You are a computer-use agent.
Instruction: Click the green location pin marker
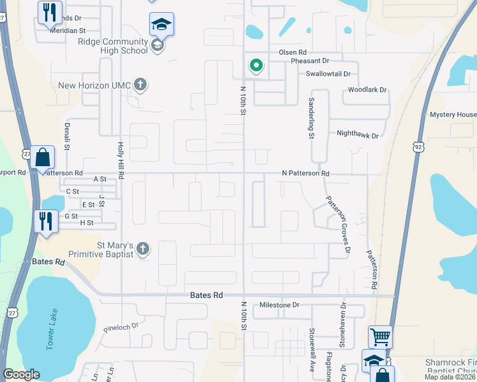256,66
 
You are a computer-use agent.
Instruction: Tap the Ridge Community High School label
112,46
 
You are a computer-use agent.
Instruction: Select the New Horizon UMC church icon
141,85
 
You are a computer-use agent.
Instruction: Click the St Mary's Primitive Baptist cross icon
142,250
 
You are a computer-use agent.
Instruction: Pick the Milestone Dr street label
279,306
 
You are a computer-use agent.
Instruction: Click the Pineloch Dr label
121,327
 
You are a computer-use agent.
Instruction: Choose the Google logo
21,374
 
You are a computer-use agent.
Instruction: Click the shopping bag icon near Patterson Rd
42,157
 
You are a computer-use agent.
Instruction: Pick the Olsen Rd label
293,52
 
